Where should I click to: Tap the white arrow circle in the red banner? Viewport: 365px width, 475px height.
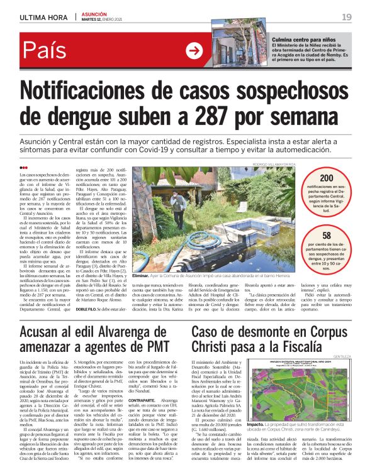194,51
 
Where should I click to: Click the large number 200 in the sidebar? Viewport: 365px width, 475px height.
327,178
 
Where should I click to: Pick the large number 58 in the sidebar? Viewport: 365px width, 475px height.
327,236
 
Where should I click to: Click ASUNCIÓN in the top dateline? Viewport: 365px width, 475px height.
96,13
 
